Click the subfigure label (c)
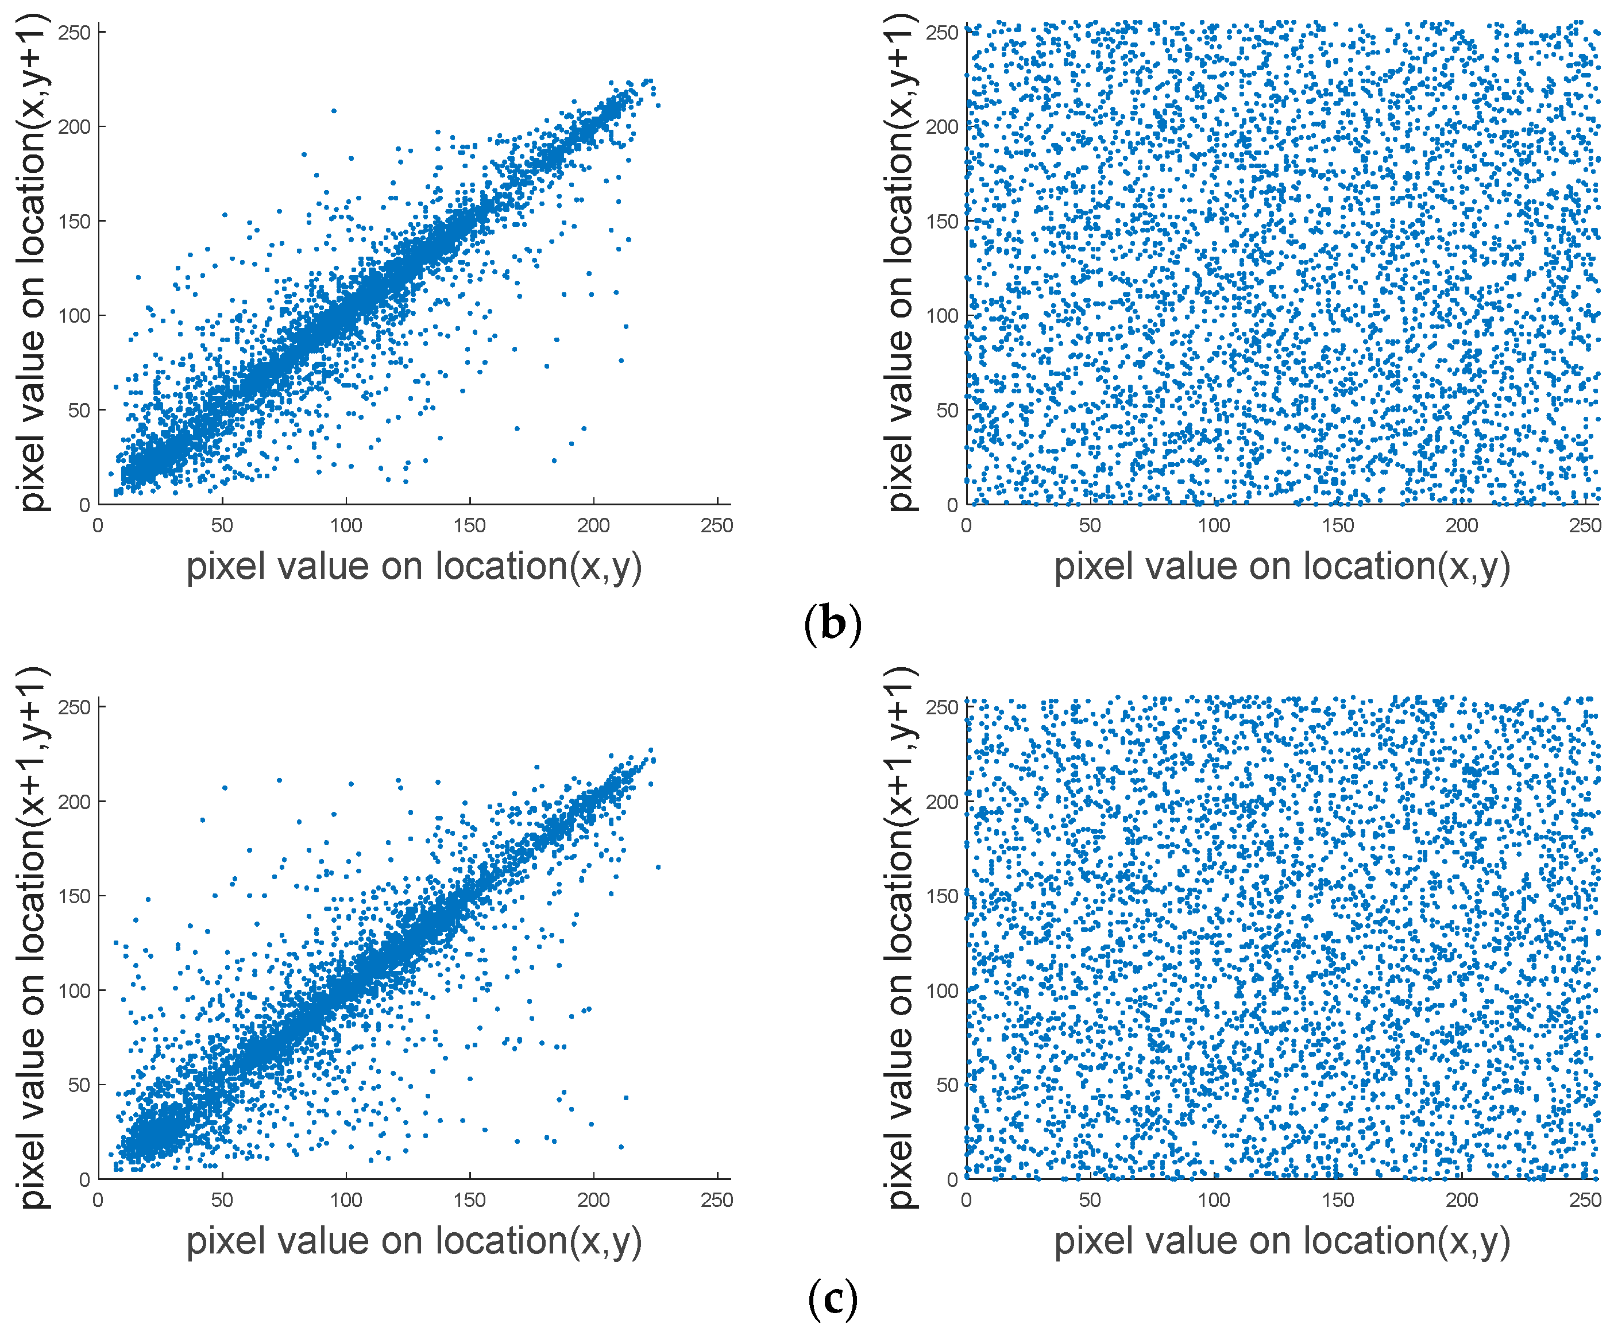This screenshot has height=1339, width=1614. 832,1298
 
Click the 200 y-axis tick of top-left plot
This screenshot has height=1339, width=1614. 75,127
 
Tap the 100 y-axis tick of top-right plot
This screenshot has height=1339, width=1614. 943,316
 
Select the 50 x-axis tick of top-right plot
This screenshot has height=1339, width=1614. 1090,525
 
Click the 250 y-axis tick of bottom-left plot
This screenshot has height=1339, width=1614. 75,707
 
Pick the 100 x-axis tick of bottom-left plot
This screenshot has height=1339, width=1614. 346,1200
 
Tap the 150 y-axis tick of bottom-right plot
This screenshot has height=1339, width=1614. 943,896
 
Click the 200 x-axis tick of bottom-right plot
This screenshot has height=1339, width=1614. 1461,1200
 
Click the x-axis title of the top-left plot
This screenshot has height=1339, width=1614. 414,567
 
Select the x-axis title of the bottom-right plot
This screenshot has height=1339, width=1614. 1282,1241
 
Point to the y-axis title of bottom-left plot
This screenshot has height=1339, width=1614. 32,937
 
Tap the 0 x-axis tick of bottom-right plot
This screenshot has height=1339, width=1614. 966,1200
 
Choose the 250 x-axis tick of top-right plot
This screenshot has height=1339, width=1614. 1585,525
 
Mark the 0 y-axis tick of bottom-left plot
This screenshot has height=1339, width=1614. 84,1179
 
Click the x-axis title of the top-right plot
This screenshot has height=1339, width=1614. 1282,567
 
